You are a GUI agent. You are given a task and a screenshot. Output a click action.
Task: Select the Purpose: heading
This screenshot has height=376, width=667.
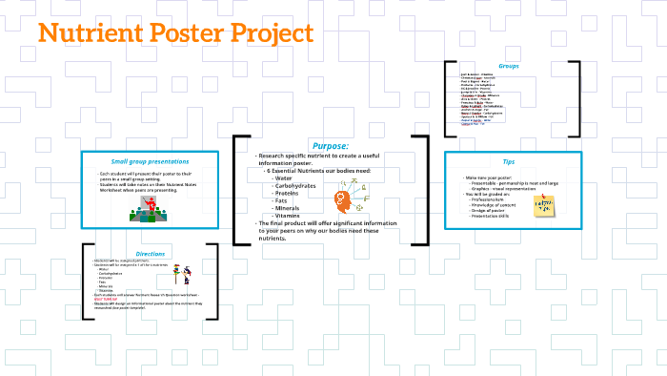pos(330,146)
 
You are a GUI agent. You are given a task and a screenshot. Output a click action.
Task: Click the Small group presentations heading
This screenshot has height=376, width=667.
pos(151,161)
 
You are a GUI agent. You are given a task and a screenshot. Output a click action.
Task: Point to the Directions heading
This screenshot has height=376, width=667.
pos(151,254)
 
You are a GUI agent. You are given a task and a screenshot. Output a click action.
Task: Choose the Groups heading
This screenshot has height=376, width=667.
pos(509,66)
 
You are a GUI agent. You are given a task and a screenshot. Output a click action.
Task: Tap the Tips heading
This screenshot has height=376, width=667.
pos(509,162)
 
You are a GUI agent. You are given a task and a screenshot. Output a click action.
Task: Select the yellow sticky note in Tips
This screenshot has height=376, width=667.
pos(544,205)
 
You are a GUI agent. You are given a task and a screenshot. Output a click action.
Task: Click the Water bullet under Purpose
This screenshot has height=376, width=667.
pos(283,178)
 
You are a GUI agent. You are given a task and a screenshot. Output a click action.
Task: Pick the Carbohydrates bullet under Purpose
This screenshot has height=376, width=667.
pos(299,185)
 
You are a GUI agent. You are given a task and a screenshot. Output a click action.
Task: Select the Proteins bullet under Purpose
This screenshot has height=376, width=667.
pos(287,193)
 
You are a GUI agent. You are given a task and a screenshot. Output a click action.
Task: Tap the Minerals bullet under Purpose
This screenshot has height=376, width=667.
pos(288,208)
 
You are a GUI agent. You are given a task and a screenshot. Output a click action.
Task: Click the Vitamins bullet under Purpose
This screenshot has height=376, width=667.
pos(288,216)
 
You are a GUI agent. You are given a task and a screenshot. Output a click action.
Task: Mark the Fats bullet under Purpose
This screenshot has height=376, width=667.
pos(281,200)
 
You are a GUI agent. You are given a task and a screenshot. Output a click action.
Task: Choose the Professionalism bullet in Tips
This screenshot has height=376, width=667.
pos(490,199)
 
